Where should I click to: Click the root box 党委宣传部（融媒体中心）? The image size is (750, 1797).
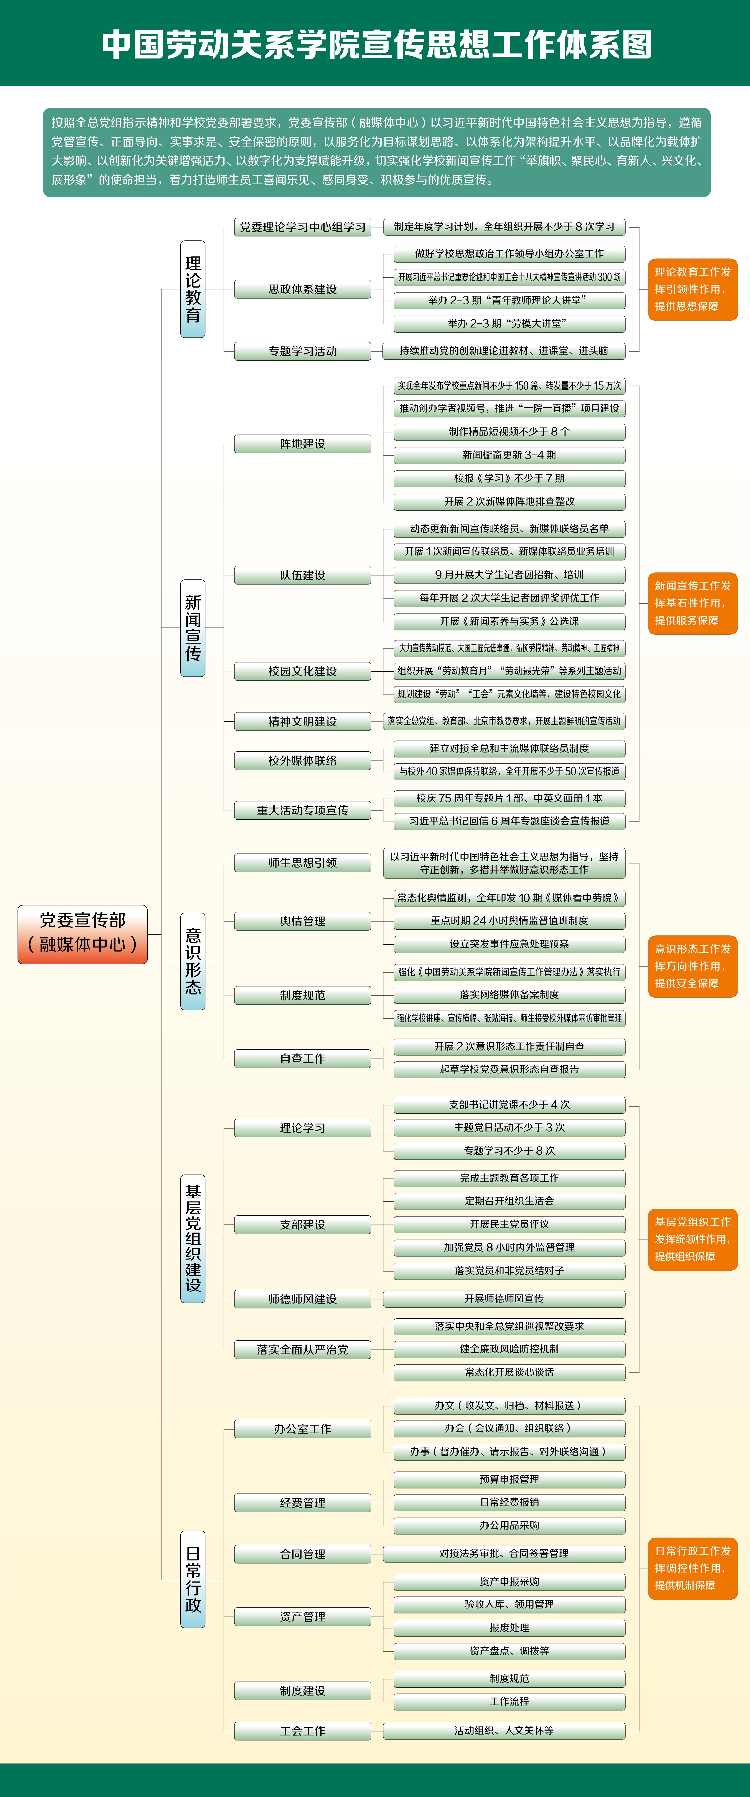click(82, 934)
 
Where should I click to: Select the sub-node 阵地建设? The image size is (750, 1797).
click(303, 444)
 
